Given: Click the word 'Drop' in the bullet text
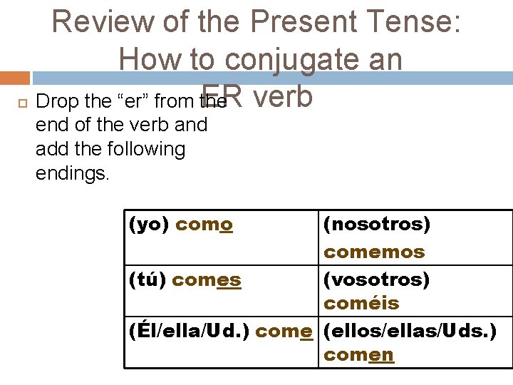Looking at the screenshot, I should [x=56, y=102].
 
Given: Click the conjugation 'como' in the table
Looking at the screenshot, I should [x=204, y=225].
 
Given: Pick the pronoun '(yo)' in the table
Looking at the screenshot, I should [x=148, y=225].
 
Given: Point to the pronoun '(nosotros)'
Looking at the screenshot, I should [x=377, y=225].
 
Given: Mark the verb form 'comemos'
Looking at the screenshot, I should [x=374, y=252].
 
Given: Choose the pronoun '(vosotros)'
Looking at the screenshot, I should [x=377, y=279].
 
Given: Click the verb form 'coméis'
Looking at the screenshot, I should [x=361, y=304].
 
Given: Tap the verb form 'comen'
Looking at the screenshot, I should [x=358, y=355].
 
